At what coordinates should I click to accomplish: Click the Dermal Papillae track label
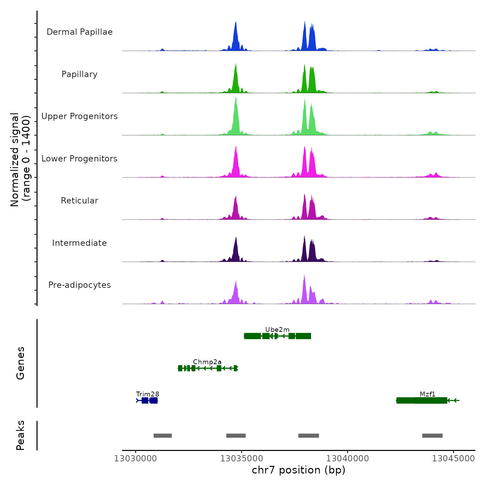[x=79, y=32]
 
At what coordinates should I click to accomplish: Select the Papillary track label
[x=79, y=74]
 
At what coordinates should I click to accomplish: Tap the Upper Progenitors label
[x=79, y=116]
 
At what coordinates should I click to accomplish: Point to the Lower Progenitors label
[x=79, y=159]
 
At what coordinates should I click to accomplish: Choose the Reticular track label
[x=79, y=201]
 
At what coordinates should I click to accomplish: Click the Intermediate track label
[x=79, y=243]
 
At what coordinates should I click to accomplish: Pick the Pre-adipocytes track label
[x=79, y=285]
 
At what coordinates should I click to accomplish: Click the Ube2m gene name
[x=277, y=329]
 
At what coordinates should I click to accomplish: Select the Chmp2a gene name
[x=207, y=362]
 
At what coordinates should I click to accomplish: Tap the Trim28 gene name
[x=148, y=394]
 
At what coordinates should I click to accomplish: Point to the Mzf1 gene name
[x=427, y=394]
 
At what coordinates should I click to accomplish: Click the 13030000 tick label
[x=136, y=459]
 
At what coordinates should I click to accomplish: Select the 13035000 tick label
[x=242, y=459]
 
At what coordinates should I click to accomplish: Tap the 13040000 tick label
[x=347, y=459]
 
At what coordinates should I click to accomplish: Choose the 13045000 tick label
[x=453, y=459]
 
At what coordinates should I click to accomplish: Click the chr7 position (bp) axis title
[x=299, y=470]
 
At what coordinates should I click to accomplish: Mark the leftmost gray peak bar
[x=163, y=436]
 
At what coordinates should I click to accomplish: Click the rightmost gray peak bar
[x=432, y=436]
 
